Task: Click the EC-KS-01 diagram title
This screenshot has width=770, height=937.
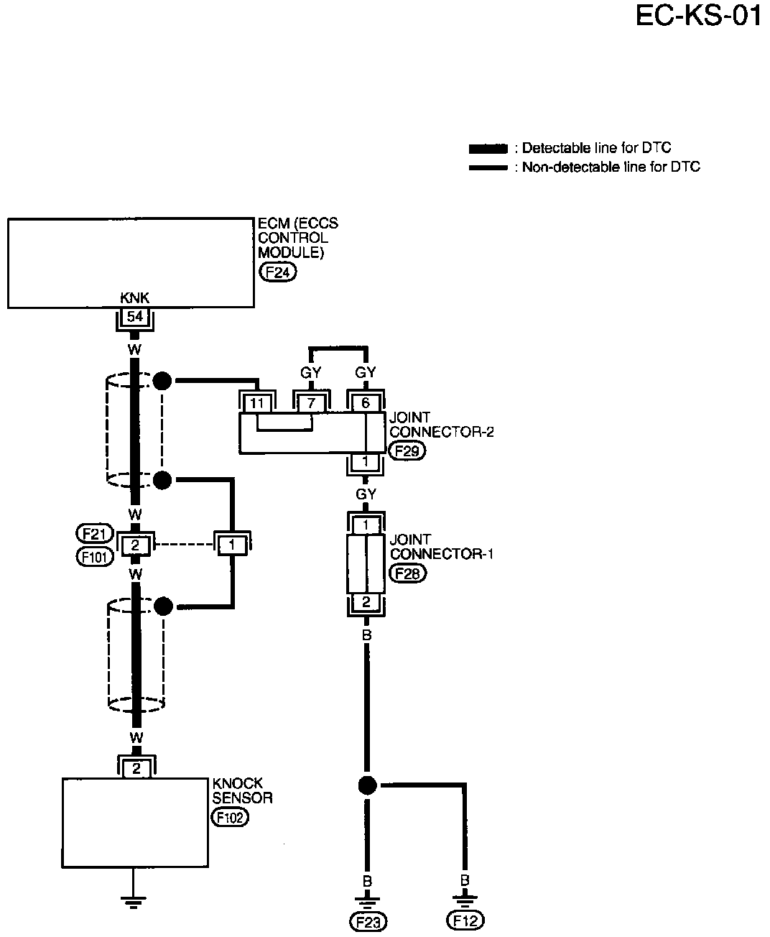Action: [x=698, y=17]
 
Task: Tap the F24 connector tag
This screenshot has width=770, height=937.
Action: [x=278, y=272]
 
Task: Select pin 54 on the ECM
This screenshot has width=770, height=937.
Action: [x=135, y=317]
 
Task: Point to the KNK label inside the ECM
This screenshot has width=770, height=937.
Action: [x=134, y=297]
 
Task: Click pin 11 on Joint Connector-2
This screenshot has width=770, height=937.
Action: [x=257, y=403]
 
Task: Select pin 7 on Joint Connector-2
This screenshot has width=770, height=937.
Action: [x=311, y=403]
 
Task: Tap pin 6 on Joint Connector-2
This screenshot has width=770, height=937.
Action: [x=366, y=403]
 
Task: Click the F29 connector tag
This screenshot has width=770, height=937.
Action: [x=407, y=451]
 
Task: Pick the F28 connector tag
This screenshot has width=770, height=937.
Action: [x=408, y=573]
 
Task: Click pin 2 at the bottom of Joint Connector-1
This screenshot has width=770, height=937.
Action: [x=366, y=602]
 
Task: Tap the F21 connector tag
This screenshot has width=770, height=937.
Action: [x=95, y=534]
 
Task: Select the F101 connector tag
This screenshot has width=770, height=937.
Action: [x=95, y=556]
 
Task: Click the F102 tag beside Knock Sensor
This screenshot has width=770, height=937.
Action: [x=230, y=818]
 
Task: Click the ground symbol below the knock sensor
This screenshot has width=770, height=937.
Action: [x=133, y=903]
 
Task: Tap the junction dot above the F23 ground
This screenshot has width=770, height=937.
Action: [x=367, y=785]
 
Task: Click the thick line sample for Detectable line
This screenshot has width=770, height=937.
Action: [x=488, y=149]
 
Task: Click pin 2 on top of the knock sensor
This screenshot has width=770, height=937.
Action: [x=136, y=769]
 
